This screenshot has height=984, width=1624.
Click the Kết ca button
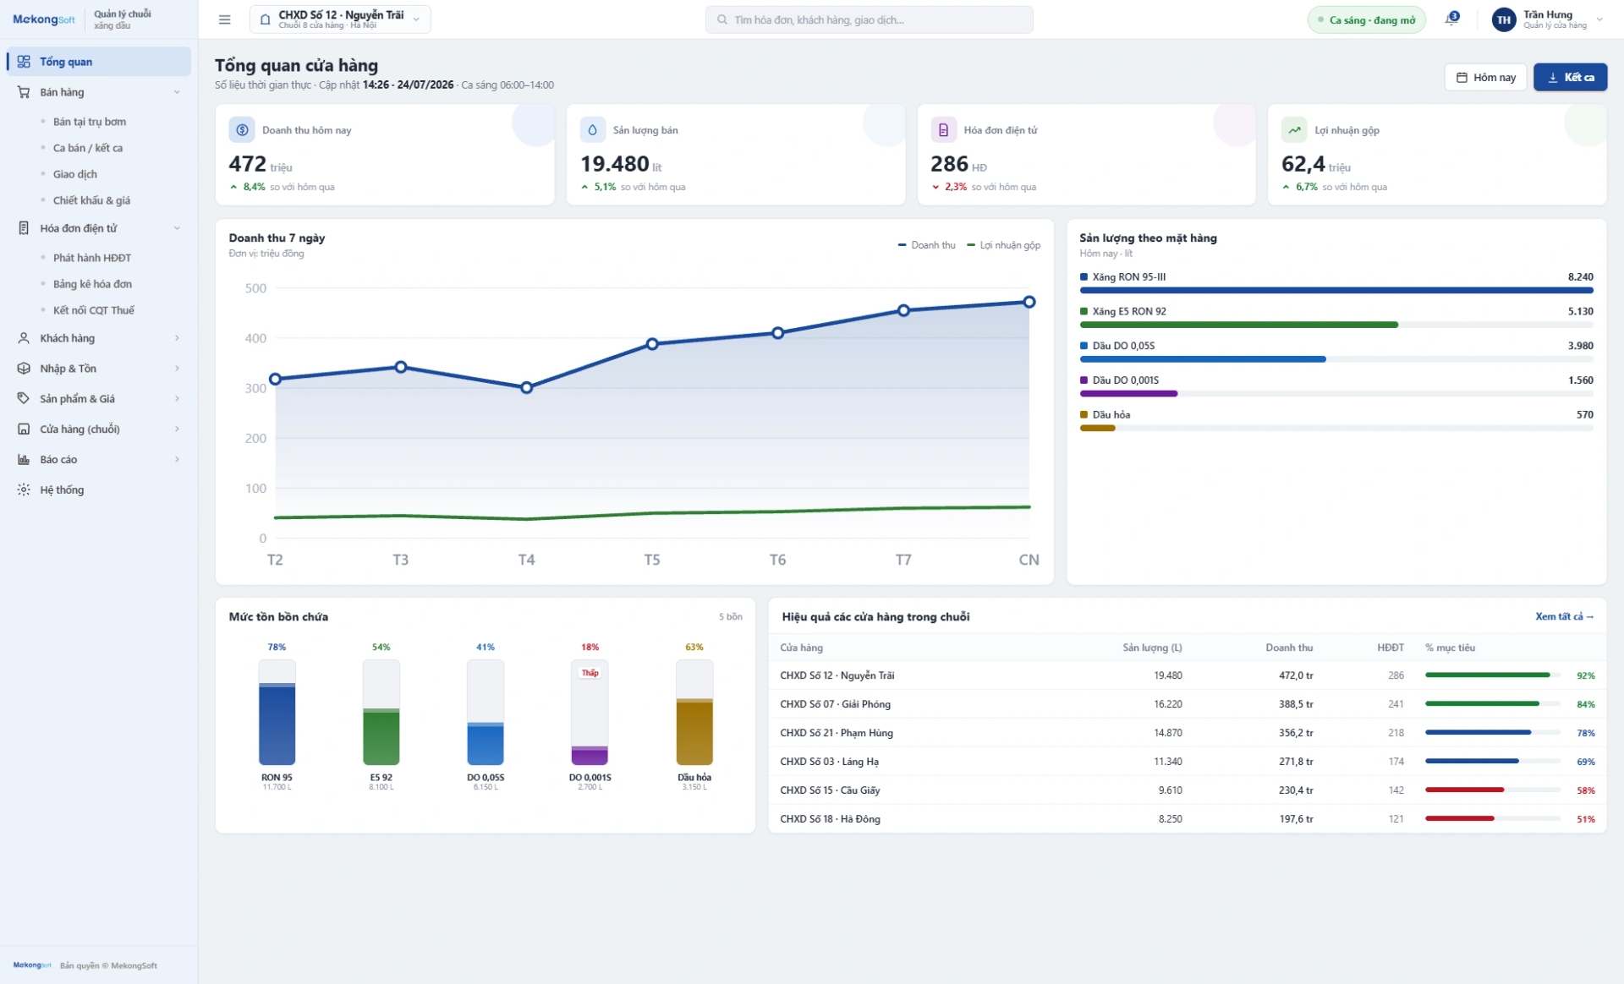(1570, 77)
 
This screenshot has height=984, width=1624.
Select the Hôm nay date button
(1485, 77)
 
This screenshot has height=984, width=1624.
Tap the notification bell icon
(1451, 19)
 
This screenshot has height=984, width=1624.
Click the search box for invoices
(869, 19)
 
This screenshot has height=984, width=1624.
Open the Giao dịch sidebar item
(75, 174)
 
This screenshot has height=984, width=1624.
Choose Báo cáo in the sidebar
(58, 459)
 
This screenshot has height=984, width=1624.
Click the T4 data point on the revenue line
(526, 387)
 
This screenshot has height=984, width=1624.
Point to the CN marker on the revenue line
(1029, 302)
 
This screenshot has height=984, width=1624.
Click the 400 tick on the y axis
(255, 338)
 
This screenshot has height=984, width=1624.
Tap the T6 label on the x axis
(777, 560)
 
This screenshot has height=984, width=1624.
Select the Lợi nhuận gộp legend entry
(1004, 245)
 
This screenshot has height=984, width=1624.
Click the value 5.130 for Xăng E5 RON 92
(1580, 311)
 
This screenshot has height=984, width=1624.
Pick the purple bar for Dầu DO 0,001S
(1128, 394)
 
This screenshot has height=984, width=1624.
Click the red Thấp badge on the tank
(590, 673)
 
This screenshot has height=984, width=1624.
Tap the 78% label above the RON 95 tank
(277, 647)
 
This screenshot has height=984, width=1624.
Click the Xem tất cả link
(1564, 616)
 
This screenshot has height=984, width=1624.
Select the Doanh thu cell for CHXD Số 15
(1296, 790)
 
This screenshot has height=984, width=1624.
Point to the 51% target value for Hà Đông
(1585, 819)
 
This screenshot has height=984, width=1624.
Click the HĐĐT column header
(1390, 648)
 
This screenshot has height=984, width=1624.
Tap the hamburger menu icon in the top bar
(224, 19)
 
